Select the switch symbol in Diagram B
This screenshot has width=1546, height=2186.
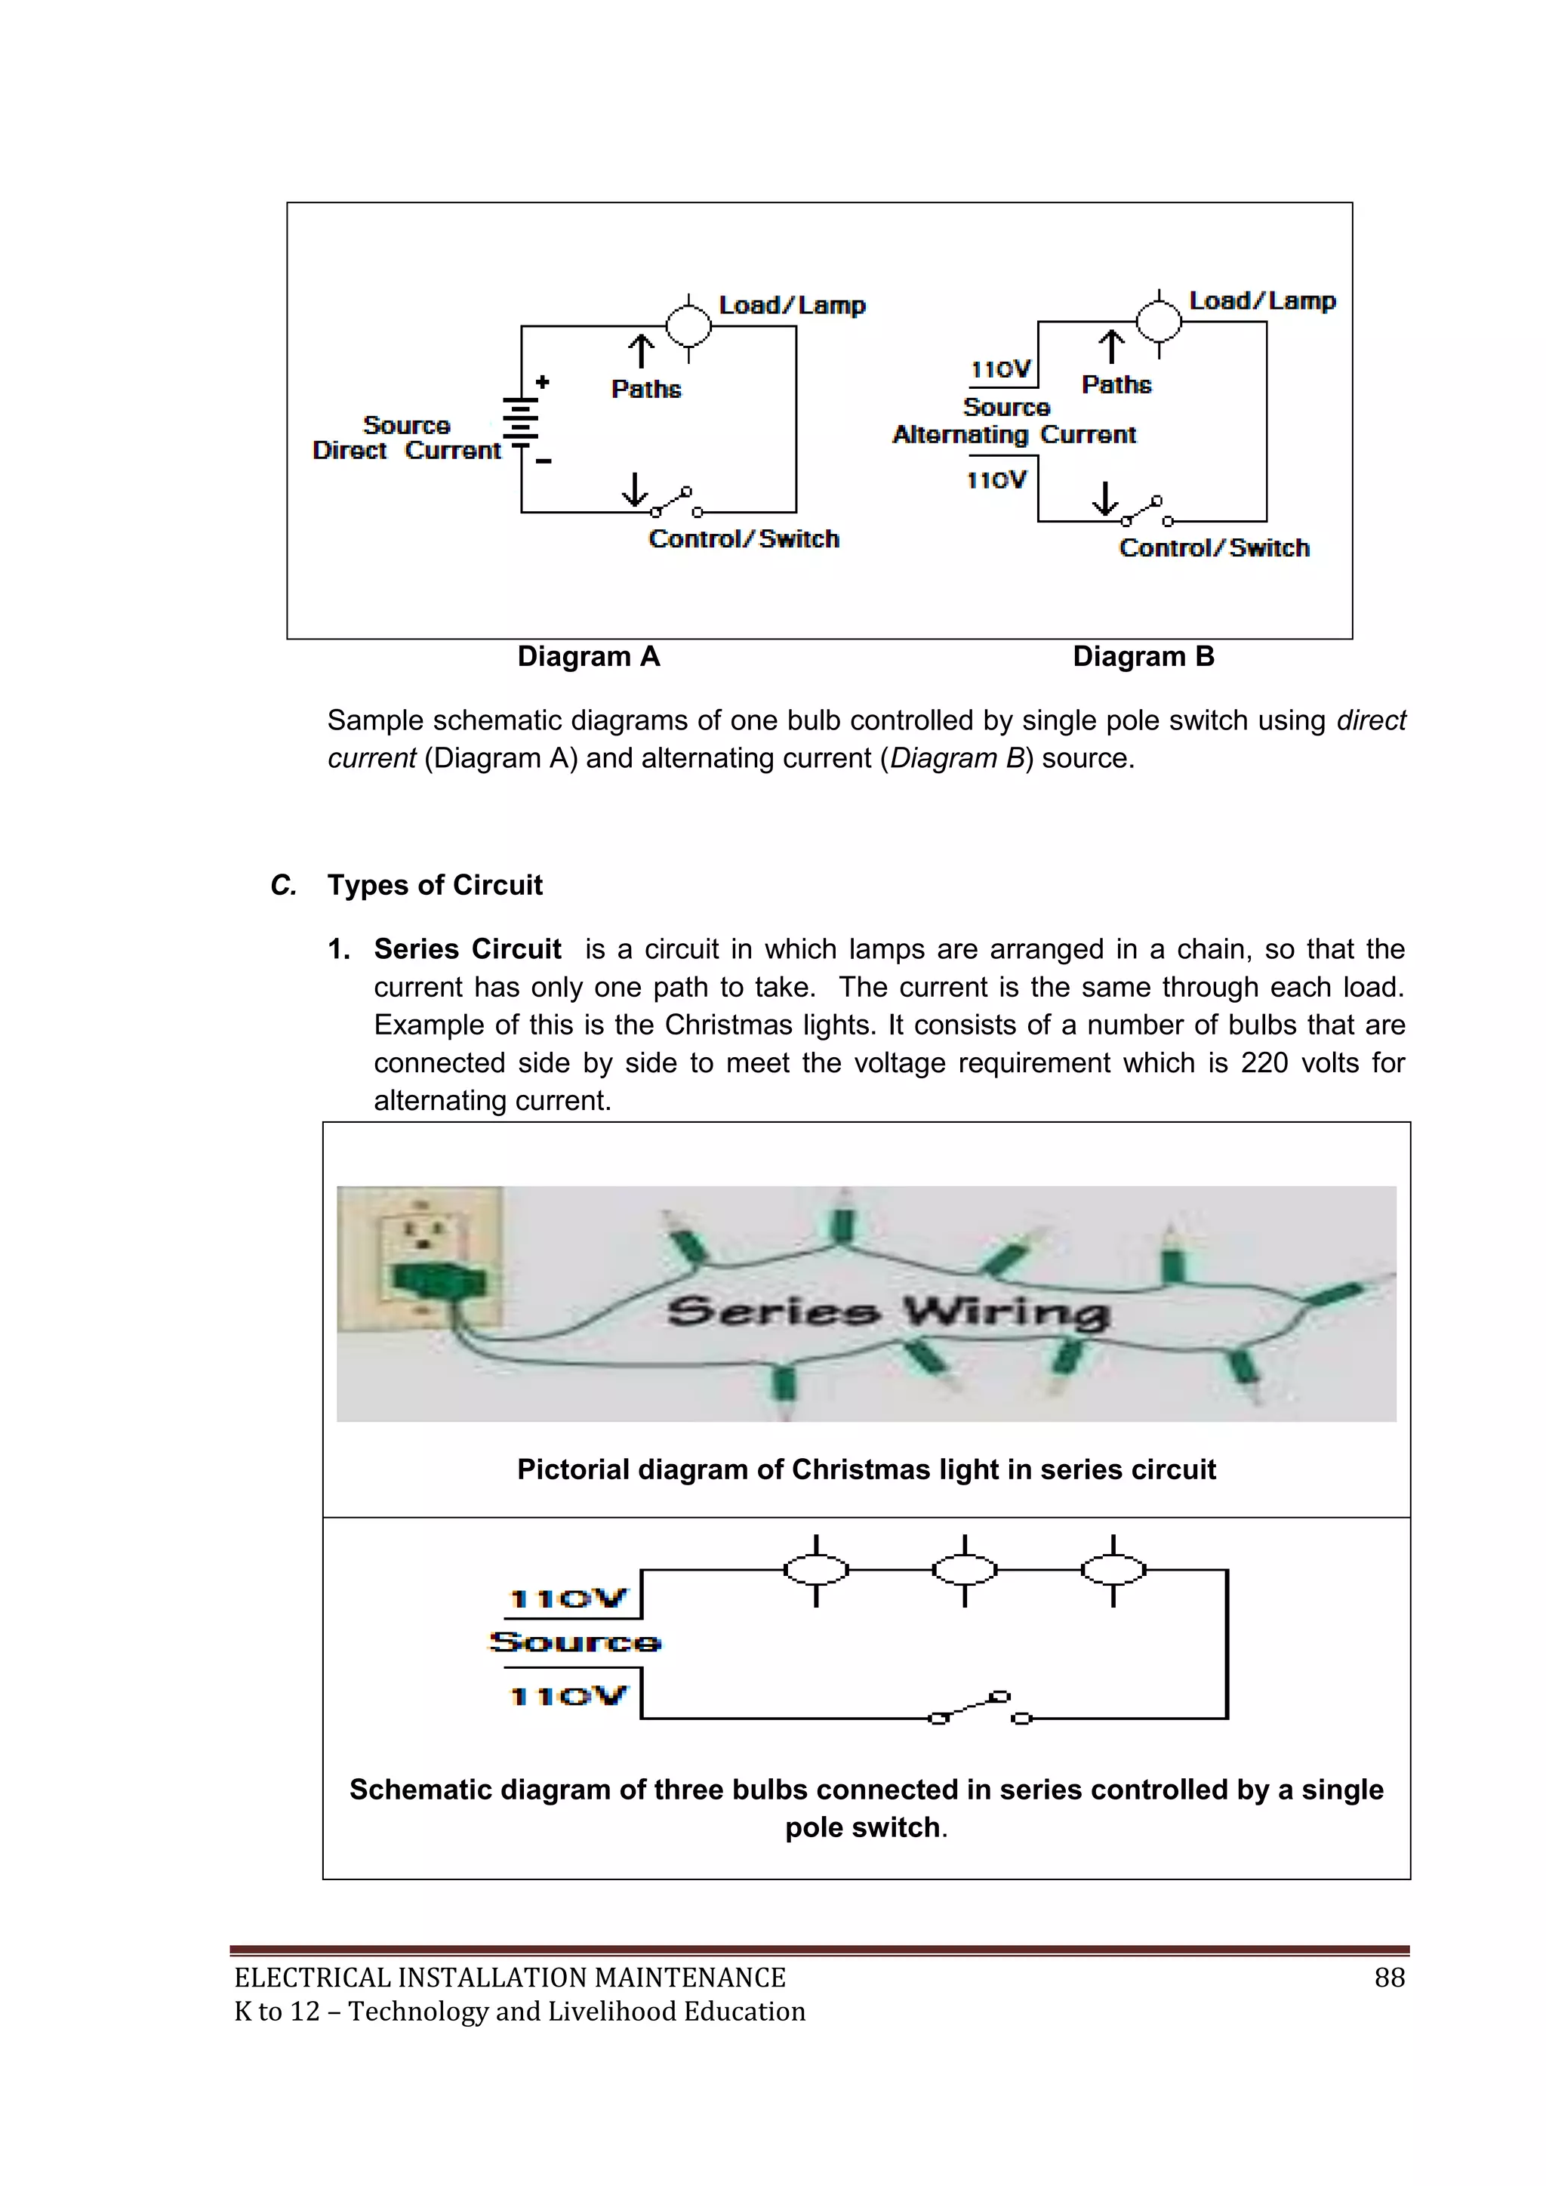[x=1146, y=512]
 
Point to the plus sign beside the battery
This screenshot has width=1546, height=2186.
[x=542, y=383]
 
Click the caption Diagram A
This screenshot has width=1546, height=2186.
[x=588, y=657]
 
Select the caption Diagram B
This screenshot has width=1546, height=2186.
[x=1144, y=657]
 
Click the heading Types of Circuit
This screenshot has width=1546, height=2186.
[x=435, y=886]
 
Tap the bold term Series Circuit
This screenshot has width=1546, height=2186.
[x=467, y=949]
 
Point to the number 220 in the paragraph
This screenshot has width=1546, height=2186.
[x=1264, y=1062]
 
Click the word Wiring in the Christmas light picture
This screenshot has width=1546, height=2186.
[x=1006, y=1313]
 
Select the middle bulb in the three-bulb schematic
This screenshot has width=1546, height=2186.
[x=964, y=1570]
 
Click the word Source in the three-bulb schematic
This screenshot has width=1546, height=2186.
[x=575, y=1642]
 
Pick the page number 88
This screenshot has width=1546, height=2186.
[x=1389, y=1978]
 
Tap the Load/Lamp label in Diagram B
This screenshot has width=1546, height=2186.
[x=1261, y=301]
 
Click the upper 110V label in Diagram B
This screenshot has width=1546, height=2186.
[x=1000, y=369]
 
